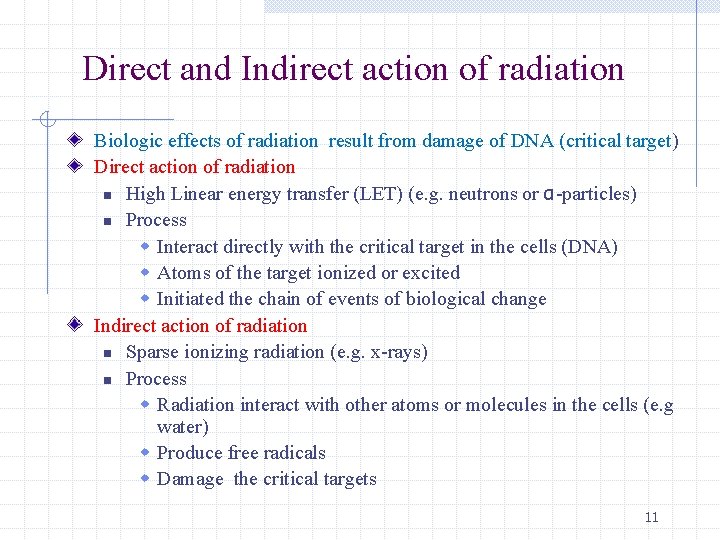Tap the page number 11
[652, 517]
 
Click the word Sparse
[153, 352]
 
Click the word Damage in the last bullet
[190, 479]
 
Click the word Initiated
[191, 299]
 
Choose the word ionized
[346, 273]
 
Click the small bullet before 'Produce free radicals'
[145, 452]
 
